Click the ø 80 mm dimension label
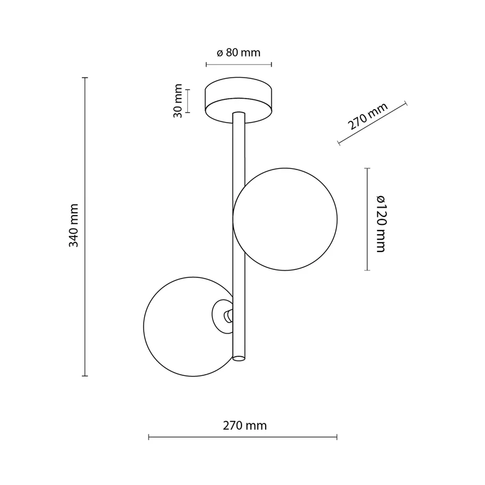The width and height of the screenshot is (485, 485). [x=238, y=52]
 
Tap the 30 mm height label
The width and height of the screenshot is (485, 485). [x=178, y=101]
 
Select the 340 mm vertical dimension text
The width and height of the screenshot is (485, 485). [x=73, y=226]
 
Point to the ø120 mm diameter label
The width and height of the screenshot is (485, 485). [x=380, y=224]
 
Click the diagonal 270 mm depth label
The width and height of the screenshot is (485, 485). [x=368, y=116]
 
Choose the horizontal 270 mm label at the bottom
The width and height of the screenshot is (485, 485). [x=245, y=426]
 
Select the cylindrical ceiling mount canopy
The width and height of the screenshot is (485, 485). [x=238, y=100]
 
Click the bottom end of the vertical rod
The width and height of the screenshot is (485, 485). [x=238, y=359]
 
